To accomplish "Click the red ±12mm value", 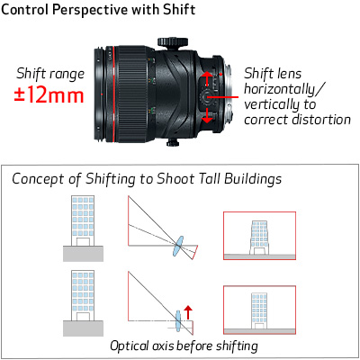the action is pos(49,95).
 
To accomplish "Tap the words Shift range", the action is pos(50,74).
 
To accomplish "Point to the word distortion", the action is pos(321,120).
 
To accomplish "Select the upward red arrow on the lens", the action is pos(207,78).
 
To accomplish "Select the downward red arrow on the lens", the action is pos(207,115).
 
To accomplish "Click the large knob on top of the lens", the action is pos(173,42).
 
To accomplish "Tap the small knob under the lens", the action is pos(173,142).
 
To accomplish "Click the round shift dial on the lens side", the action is pos(206,97).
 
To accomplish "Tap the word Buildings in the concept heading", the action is pos(253,178).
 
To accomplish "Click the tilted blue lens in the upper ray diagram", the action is pos(178,246).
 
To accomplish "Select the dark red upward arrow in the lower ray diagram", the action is pos(188,312).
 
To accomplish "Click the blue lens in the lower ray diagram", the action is pos(178,321).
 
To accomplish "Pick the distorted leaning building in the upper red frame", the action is pos(259,238).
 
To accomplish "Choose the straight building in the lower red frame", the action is pos(259,310).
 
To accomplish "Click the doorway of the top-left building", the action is pos(83,242).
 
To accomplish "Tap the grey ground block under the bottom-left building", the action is pos(83,328).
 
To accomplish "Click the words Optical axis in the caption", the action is pos(142,346).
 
